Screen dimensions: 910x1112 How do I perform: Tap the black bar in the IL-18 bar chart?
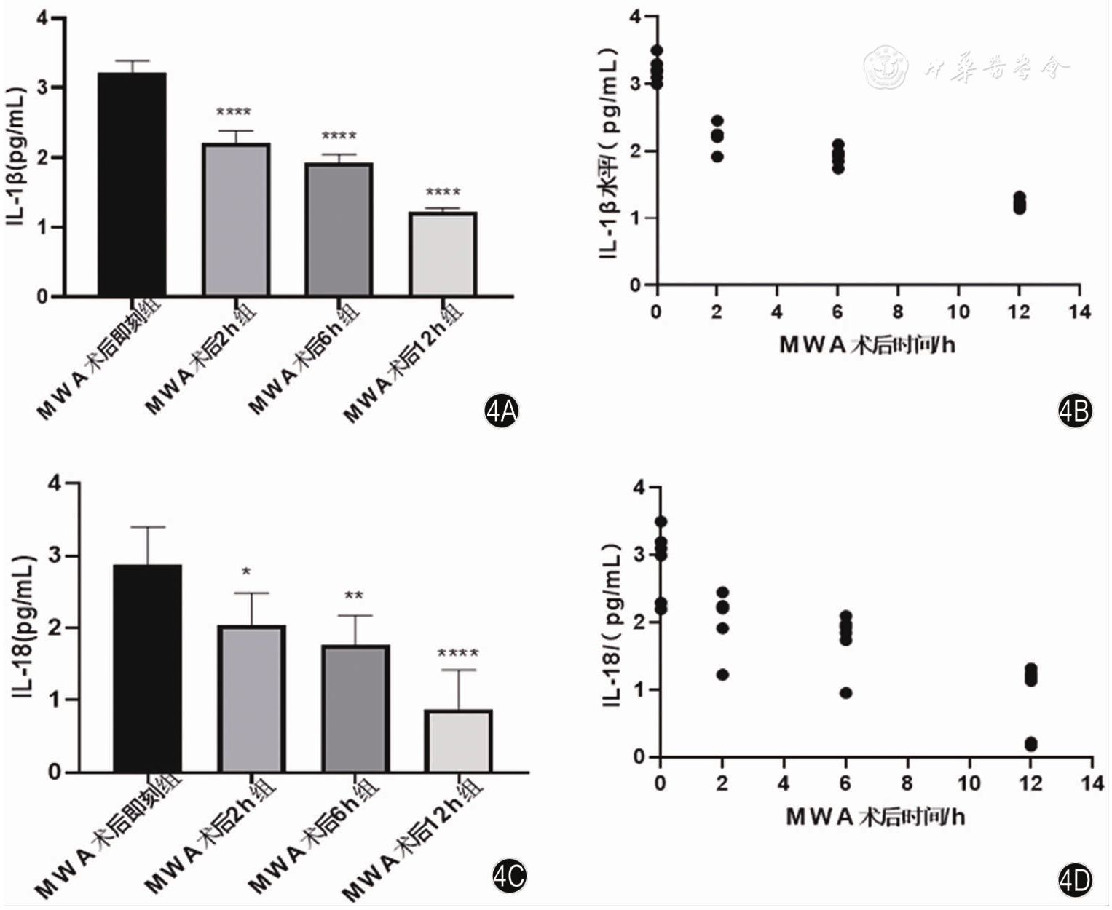coord(148,668)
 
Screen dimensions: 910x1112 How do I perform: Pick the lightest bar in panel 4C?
coord(459,740)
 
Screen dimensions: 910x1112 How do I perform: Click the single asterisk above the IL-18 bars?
coord(246,572)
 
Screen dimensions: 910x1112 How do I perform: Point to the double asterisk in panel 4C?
coord(354,596)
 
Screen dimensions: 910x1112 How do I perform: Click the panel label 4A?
coord(501,411)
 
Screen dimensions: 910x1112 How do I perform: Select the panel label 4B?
coord(1075,411)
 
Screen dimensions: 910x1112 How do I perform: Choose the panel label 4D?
coord(1075,881)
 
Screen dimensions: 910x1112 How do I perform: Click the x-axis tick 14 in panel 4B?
coord(1079,312)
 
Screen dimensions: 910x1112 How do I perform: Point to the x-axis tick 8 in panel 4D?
coord(907,783)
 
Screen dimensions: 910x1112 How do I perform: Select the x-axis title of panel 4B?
coord(867,344)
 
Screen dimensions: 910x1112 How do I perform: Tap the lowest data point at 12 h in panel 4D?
coord(1030,744)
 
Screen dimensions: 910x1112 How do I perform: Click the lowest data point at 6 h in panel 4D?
coord(845,693)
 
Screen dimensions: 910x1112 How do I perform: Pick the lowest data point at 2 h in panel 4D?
coord(722,675)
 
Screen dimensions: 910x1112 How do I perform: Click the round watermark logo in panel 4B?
coord(886,68)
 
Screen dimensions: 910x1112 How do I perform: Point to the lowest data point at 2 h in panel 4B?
coord(717,156)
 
